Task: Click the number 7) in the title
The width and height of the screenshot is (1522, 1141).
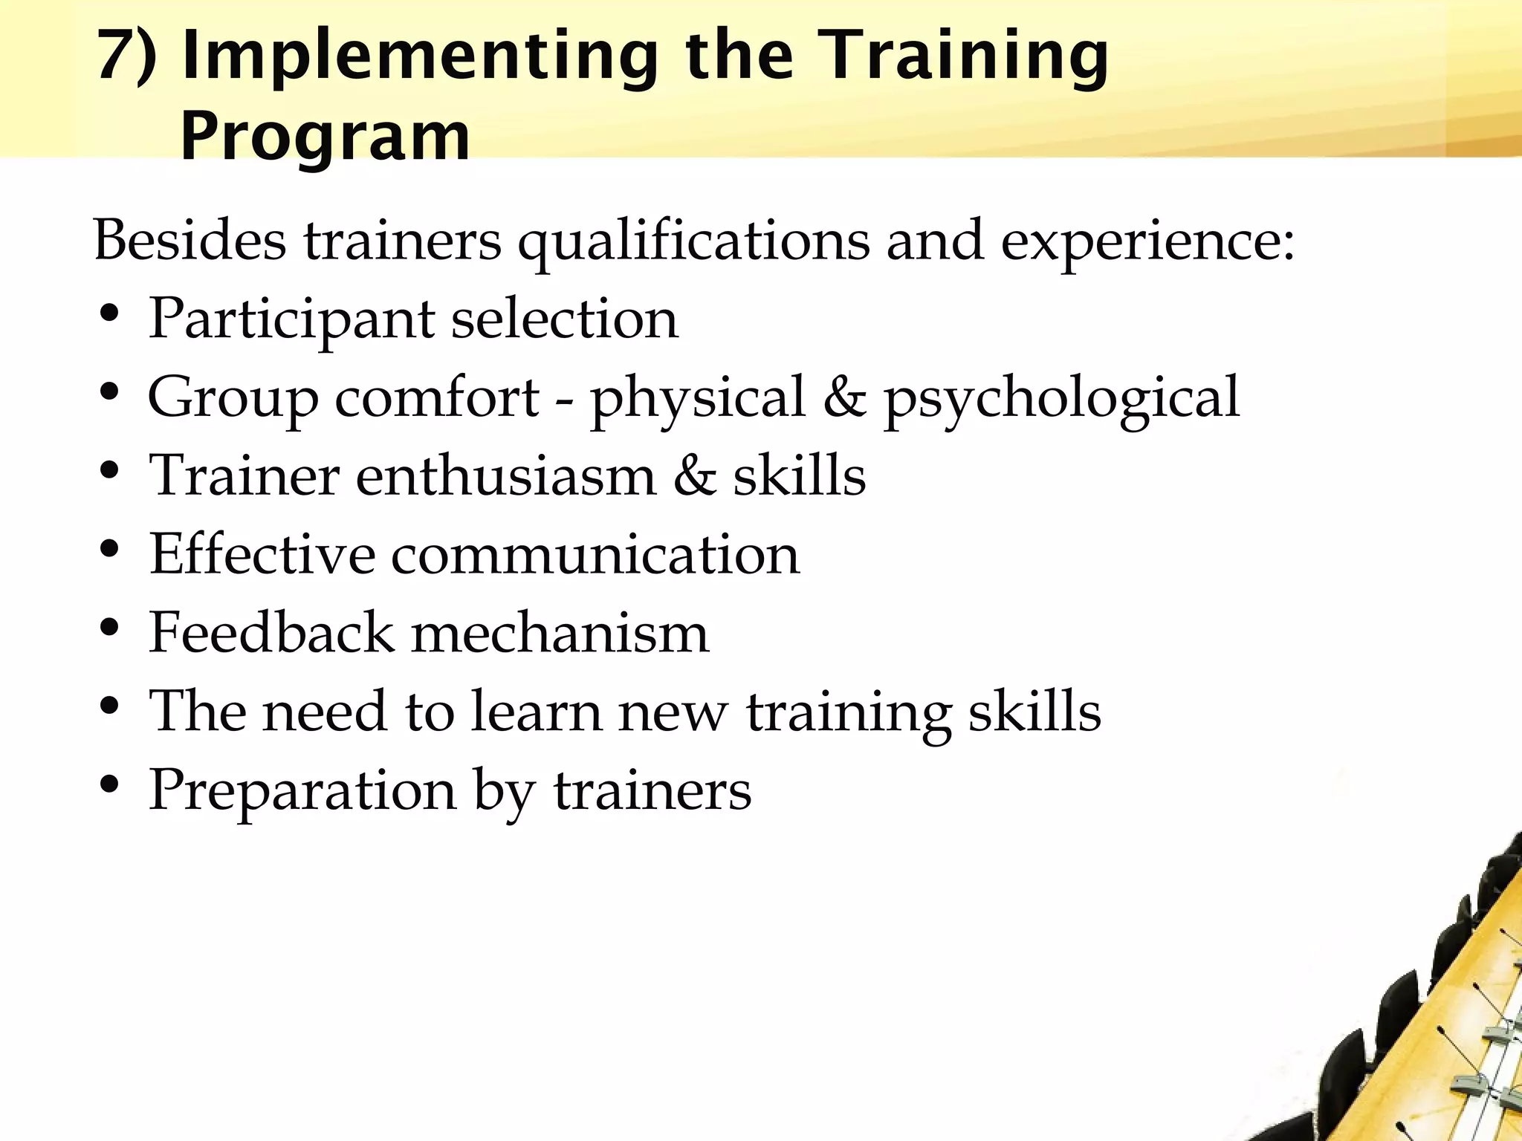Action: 126,56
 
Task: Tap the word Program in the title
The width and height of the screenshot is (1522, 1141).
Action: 325,137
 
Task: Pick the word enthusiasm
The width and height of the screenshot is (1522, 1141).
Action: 506,476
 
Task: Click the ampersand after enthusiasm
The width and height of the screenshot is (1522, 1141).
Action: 695,476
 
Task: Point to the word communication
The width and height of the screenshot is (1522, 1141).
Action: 595,555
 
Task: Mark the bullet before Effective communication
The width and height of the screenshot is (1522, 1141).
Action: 109,549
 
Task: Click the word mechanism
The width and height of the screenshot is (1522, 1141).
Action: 560,634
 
